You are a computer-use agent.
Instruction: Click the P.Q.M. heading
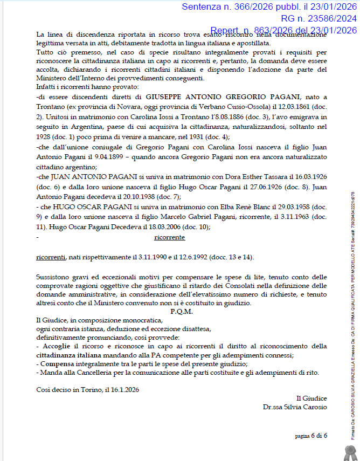tap(181, 311)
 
